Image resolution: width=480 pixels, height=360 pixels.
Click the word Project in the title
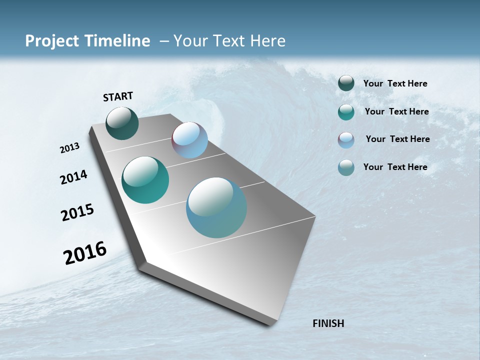51,41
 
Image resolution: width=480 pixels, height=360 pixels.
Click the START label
118,96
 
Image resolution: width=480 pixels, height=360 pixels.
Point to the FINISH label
328,323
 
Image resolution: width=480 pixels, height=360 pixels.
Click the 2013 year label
69,148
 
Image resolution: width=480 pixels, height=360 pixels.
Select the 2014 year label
73,177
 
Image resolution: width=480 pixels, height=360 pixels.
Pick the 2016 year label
85,253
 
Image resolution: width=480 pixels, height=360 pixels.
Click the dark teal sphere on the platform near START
122,123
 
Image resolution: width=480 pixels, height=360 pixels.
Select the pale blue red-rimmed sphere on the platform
189,140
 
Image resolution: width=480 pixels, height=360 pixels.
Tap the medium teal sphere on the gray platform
145,180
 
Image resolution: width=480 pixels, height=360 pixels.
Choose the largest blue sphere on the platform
216,207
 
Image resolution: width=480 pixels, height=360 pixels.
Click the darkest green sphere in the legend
346,83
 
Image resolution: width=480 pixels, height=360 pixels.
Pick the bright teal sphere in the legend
346,112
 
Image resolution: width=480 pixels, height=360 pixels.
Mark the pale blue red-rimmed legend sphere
346,140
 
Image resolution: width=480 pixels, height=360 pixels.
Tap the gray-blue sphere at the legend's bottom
346,167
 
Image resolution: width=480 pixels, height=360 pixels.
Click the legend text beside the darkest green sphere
395,84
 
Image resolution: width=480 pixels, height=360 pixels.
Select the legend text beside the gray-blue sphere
395,167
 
